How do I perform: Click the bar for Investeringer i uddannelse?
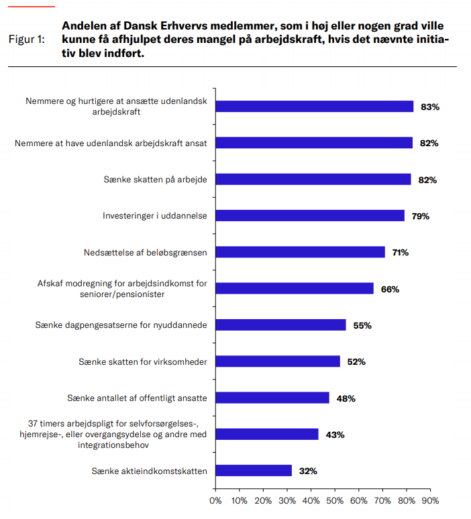pyautogui.click(x=310, y=216)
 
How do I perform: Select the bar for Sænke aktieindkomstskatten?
pyautogui.click(x=254, y=471)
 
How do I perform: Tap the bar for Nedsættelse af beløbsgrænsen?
pyautogui.click(x=300, y=252)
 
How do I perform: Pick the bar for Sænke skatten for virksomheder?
pyautogui.click(x=278, y=361)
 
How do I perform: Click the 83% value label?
pyautogui.click(x=429, y=107)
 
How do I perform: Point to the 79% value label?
pyautogui.click(x=420, y=216)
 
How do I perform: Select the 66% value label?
pyautogui.click(x=390, y=289)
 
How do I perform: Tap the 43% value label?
pyautogui.click(x=335, y=435)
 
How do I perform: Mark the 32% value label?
pyautogui.click(x=308, y=471)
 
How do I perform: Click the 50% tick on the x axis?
pyautogui.click(x=335, y=500)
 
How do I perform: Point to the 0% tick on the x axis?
pyautogui.click(x=216, y=500)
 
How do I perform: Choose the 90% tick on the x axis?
pyautogui.click(x=429, y=500)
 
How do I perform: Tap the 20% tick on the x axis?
pyautogui.click(x=263, y=500)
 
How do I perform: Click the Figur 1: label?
pyautogui.click(x=27, y=40)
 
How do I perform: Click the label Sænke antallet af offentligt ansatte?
pyautogui.click(x=137, y=398)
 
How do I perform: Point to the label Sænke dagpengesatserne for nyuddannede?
pyautogui.click(x=121, y=325)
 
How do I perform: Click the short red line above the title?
pyautogui.click(x=31, y=6)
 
